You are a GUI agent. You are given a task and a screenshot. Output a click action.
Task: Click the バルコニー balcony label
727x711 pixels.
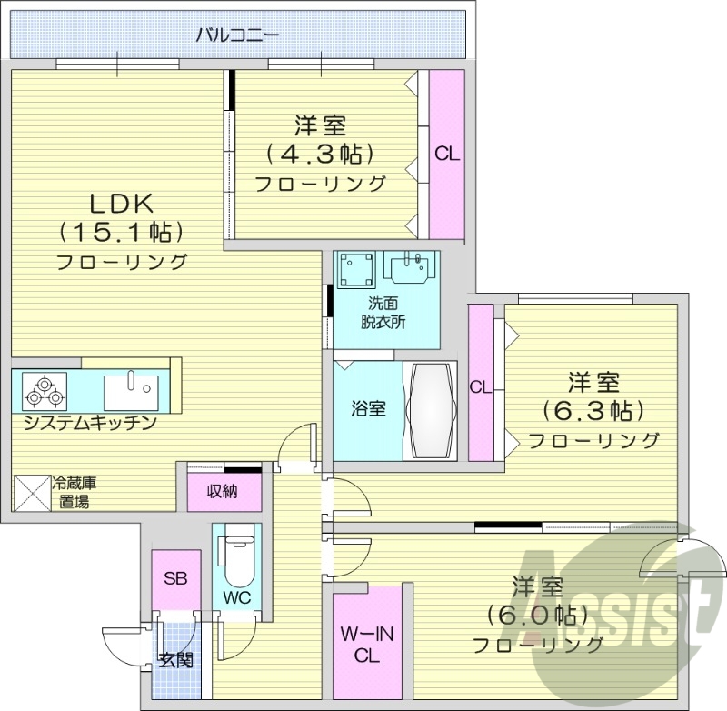click(237, 35)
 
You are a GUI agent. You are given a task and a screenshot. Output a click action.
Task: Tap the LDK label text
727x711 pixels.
click(123, 203)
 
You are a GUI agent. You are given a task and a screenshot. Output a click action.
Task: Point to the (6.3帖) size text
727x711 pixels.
click(594, 410)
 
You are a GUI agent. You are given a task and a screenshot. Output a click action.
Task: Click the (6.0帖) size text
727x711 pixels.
click(538, 614)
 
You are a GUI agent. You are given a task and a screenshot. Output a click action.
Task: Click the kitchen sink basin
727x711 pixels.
click(131, 391)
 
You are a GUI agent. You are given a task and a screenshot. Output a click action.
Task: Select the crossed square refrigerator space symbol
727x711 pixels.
click(32, 495)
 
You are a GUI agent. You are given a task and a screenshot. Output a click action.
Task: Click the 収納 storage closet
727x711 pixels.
click(224, 492)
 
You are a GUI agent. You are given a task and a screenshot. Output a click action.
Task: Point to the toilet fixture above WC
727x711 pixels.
click(238, 558)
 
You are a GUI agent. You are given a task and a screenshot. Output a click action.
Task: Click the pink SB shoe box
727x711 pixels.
click(175, 579)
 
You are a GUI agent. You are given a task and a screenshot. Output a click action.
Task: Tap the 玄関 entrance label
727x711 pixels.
click(176, 660)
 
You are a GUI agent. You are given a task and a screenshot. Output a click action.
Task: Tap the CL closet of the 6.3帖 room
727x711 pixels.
click(480, 386)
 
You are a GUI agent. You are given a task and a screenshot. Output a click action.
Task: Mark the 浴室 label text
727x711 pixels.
click(368, 408)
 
